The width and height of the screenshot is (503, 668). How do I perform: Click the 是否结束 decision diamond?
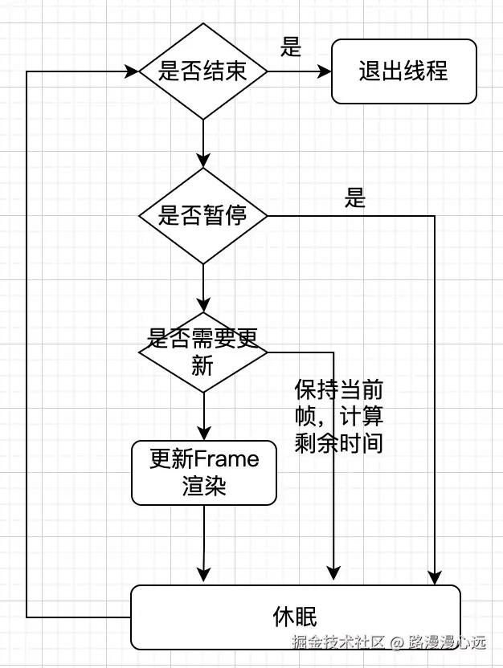tap(202, 71)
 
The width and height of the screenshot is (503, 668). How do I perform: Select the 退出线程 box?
tap(403, 71)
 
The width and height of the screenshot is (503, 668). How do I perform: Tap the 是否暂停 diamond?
tap(202, 216)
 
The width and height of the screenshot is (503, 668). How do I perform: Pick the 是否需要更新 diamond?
tap(202, 352)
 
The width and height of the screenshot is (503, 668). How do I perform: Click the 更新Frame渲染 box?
tap(203, 473)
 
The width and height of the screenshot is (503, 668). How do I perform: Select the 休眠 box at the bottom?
tap(295, 617)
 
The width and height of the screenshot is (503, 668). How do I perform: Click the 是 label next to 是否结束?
tap(291, 47)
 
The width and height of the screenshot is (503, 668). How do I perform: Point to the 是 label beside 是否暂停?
tap(355, 198)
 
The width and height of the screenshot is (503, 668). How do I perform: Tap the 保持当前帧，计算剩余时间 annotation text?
tap(338, 417)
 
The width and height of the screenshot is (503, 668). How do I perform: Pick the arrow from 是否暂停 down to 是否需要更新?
tap(203, 287)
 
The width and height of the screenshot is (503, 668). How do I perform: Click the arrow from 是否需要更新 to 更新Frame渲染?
tap(203, 416)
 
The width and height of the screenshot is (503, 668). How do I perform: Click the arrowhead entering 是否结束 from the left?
tap(130, 71)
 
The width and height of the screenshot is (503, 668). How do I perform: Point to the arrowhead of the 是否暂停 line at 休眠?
tap(435, 576)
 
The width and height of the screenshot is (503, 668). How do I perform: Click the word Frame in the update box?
tap(227, 459)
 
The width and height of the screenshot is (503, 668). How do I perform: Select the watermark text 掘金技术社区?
tap(338, 642)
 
